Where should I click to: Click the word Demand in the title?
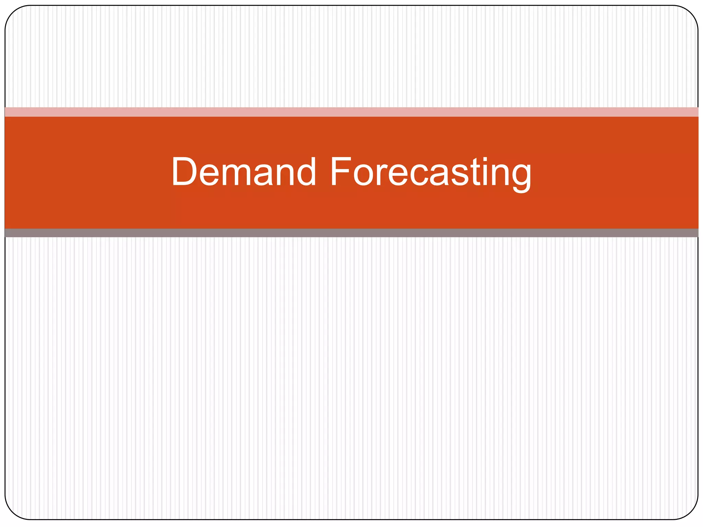243,172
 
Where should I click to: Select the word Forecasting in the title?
430,172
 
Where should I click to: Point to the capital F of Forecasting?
340,172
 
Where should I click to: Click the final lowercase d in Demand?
304,172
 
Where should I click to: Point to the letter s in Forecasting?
460,175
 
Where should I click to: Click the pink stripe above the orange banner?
351,112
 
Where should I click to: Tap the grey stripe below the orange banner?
351,233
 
